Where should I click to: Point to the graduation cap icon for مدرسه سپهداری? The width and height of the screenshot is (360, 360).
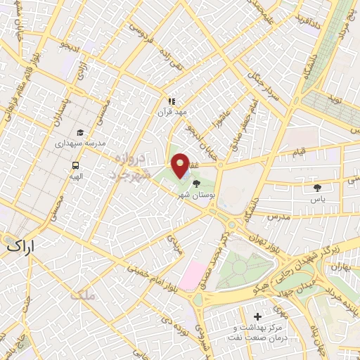pyautogui.click(x=80, y=132)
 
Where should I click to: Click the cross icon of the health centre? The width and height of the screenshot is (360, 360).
pyautogui.click(x=257, y=318)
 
